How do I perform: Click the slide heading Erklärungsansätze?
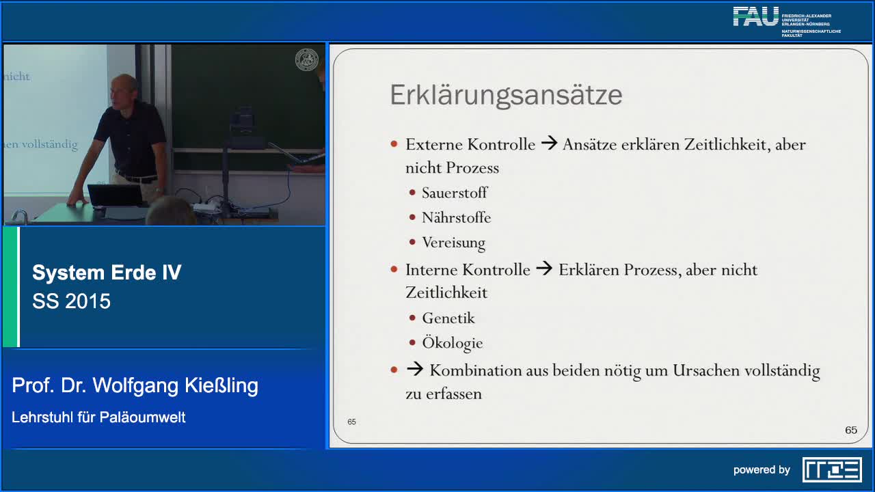click(x=506, y=95)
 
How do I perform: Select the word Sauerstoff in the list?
click(x=455, y=193)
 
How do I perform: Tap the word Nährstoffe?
click(x=456, y=218)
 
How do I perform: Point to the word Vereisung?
click(x=453, y=243)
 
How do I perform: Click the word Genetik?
click(x=448, y=318)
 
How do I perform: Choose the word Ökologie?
click(x=452, y=343)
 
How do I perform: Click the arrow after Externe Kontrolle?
click(x=549, y=144)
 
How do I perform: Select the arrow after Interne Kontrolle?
click(x=544, y=269)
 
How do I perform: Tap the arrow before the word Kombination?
click(x=414, y=370)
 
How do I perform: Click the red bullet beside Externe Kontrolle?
click(x=394, y=144)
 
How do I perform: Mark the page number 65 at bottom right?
click(x=851, y=430)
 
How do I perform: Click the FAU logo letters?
click(x=755, y=17)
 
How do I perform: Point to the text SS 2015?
click(x=71, y=301)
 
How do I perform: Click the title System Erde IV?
click(x=107, y=273)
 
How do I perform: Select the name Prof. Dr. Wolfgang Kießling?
click(x=135, y=386)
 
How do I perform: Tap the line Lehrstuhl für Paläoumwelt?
click(x=98, y=417)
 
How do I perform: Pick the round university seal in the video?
click(x=306, y=59)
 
